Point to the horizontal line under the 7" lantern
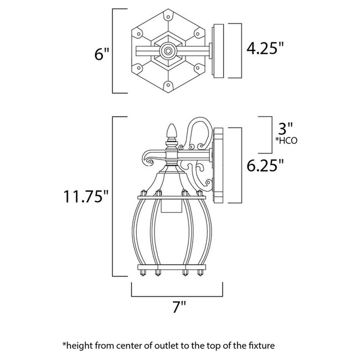(x=177, y=296)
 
